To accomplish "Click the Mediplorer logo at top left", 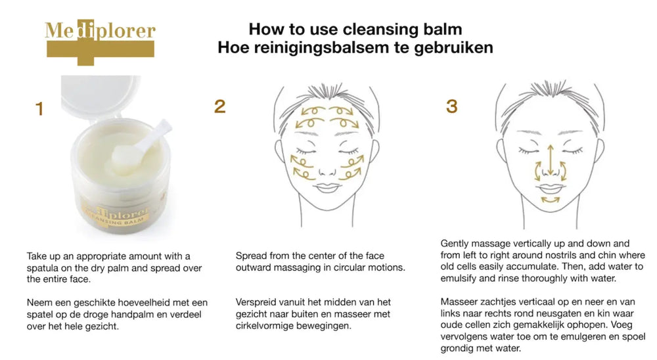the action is (x=100, y=42).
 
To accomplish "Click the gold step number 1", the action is (x=39, y=108).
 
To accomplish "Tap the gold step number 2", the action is (x=219, y=106).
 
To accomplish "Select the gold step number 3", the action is (x=452, y=106).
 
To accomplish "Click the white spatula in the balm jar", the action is (x=143, y=145).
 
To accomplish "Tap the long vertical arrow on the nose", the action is (x=551, y=160).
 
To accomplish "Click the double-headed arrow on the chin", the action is (x=550, y=200).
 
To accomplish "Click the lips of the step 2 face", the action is (x=327, y=187).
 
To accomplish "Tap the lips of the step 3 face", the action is (x=550, y=188).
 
